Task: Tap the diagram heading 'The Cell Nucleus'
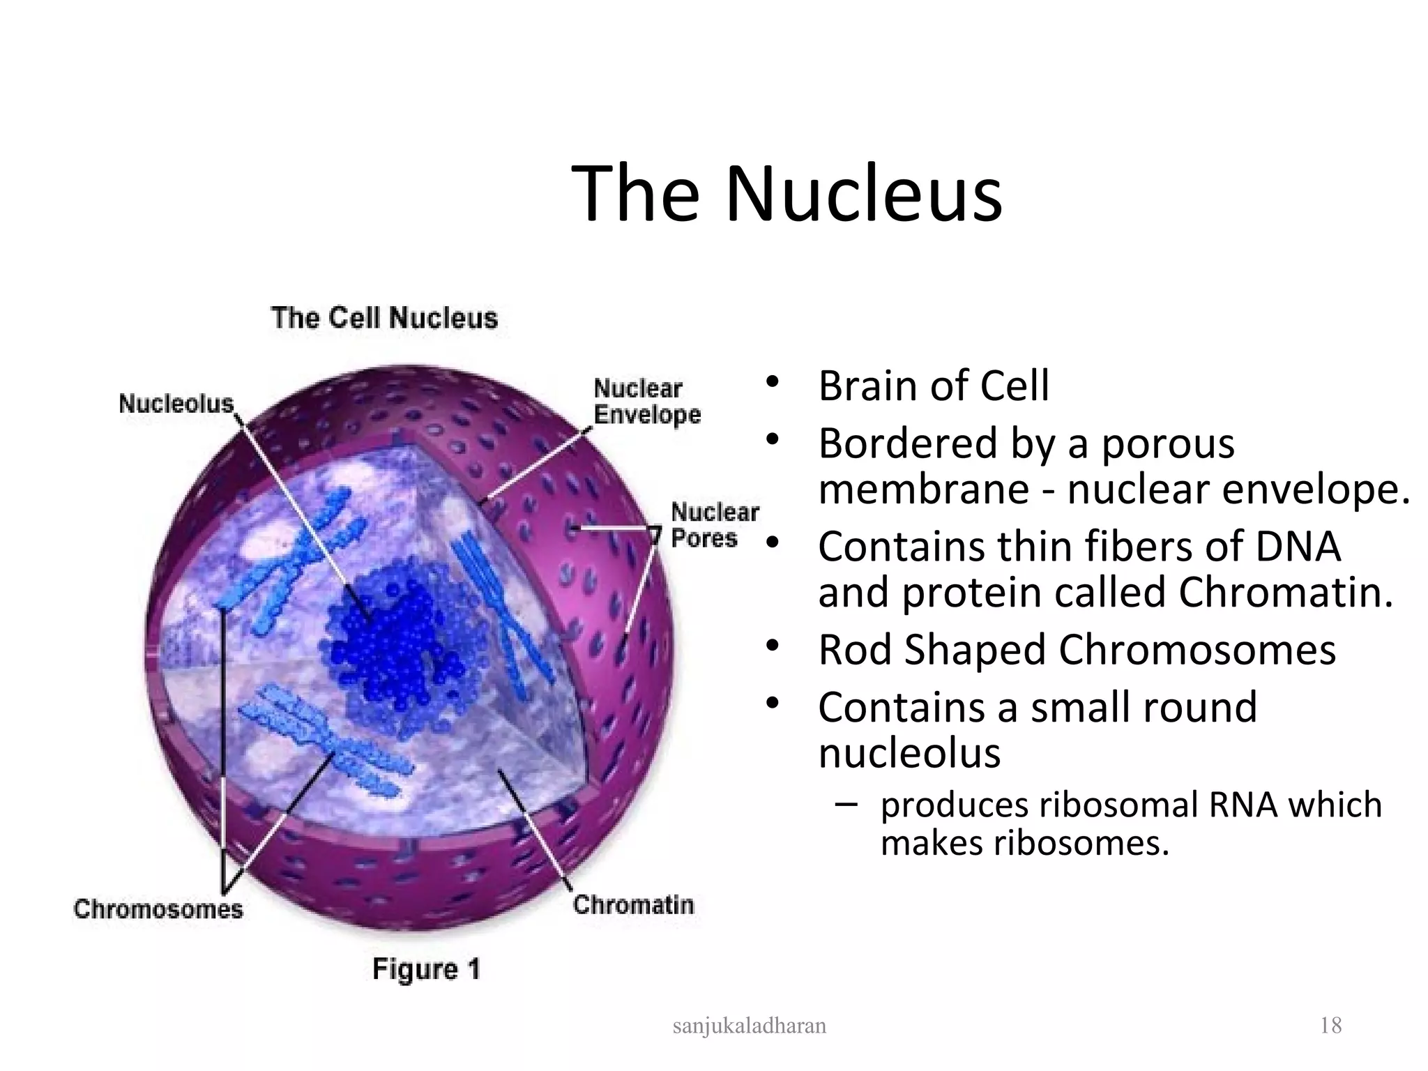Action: click(384, 318)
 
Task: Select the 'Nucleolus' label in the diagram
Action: click(176, 404)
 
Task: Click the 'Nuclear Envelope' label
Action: click(646, 402)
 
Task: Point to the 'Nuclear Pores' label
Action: click(714, 525)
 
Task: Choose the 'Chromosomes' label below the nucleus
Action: click(158, 909)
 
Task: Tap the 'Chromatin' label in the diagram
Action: click(633, 905)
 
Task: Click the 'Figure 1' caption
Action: click(426, 969)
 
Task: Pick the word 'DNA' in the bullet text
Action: click(1298, 546)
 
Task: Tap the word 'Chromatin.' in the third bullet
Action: click(1285, 593)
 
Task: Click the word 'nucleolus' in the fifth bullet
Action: click(909, 753)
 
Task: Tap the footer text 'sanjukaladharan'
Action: click(750, 1026)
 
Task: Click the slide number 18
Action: click(1330, 1026)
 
